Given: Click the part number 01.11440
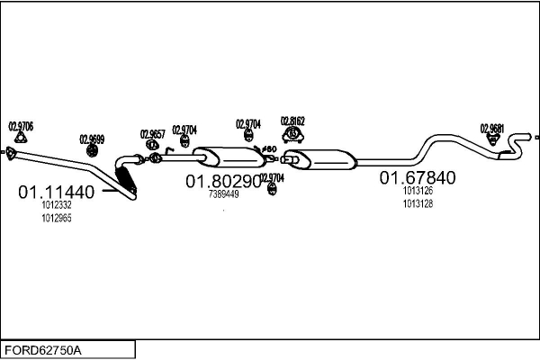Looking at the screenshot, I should click(x=56, y=192).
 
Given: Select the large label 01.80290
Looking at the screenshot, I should click(x=223, y=182).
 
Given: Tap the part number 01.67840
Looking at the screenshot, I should click(x=417, y=177).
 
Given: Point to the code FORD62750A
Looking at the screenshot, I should click(x=43, y=348).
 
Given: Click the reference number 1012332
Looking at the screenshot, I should click(x=56, y=205).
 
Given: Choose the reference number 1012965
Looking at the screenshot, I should click(x=56, y=218).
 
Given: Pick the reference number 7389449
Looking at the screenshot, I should click(x=223, y=194).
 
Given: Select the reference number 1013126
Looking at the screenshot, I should click(x=418, y=190).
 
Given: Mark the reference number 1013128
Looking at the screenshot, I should click(x=418, y=203).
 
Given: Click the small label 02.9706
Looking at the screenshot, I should click(x=21, y=127).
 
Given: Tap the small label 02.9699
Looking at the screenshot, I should click(x=92, y=139).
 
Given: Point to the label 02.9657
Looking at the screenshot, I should click(x=152, y=134).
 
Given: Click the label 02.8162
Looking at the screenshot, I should click(x=292, y=121).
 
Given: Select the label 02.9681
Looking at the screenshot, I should click(x=491, y=128).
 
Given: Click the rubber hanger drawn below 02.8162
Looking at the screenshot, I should click(x=292, y=136).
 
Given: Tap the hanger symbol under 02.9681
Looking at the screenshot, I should click(x=493, y=140).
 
